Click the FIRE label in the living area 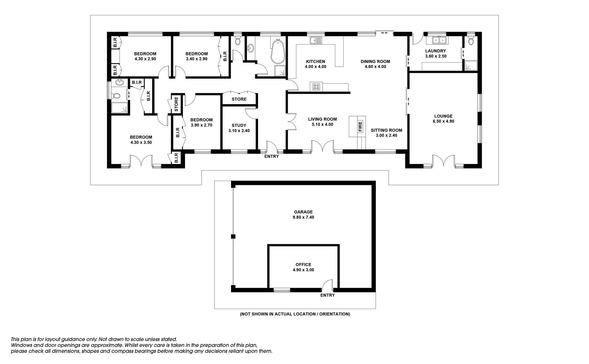pos(360,126)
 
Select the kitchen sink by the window pos(316,40)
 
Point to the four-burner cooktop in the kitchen pos(316,87)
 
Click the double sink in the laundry pos(439,40)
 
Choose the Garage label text pos(303,212)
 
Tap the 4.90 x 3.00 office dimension pos(303,270)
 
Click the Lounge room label pos(443,116)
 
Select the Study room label pos(239,125)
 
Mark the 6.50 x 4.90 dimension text pos(443,121)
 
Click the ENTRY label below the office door pos(328,295)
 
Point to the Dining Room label pos(375,61)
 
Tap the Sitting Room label pos(387,130)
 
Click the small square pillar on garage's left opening pos(233,236)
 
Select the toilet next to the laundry pos(471,41)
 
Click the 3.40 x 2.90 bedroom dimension pos(197,59)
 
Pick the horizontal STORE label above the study pos(239,99)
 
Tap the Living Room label pos(322,119)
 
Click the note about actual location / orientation pos(295,314)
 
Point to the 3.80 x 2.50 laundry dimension pos(436,56)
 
